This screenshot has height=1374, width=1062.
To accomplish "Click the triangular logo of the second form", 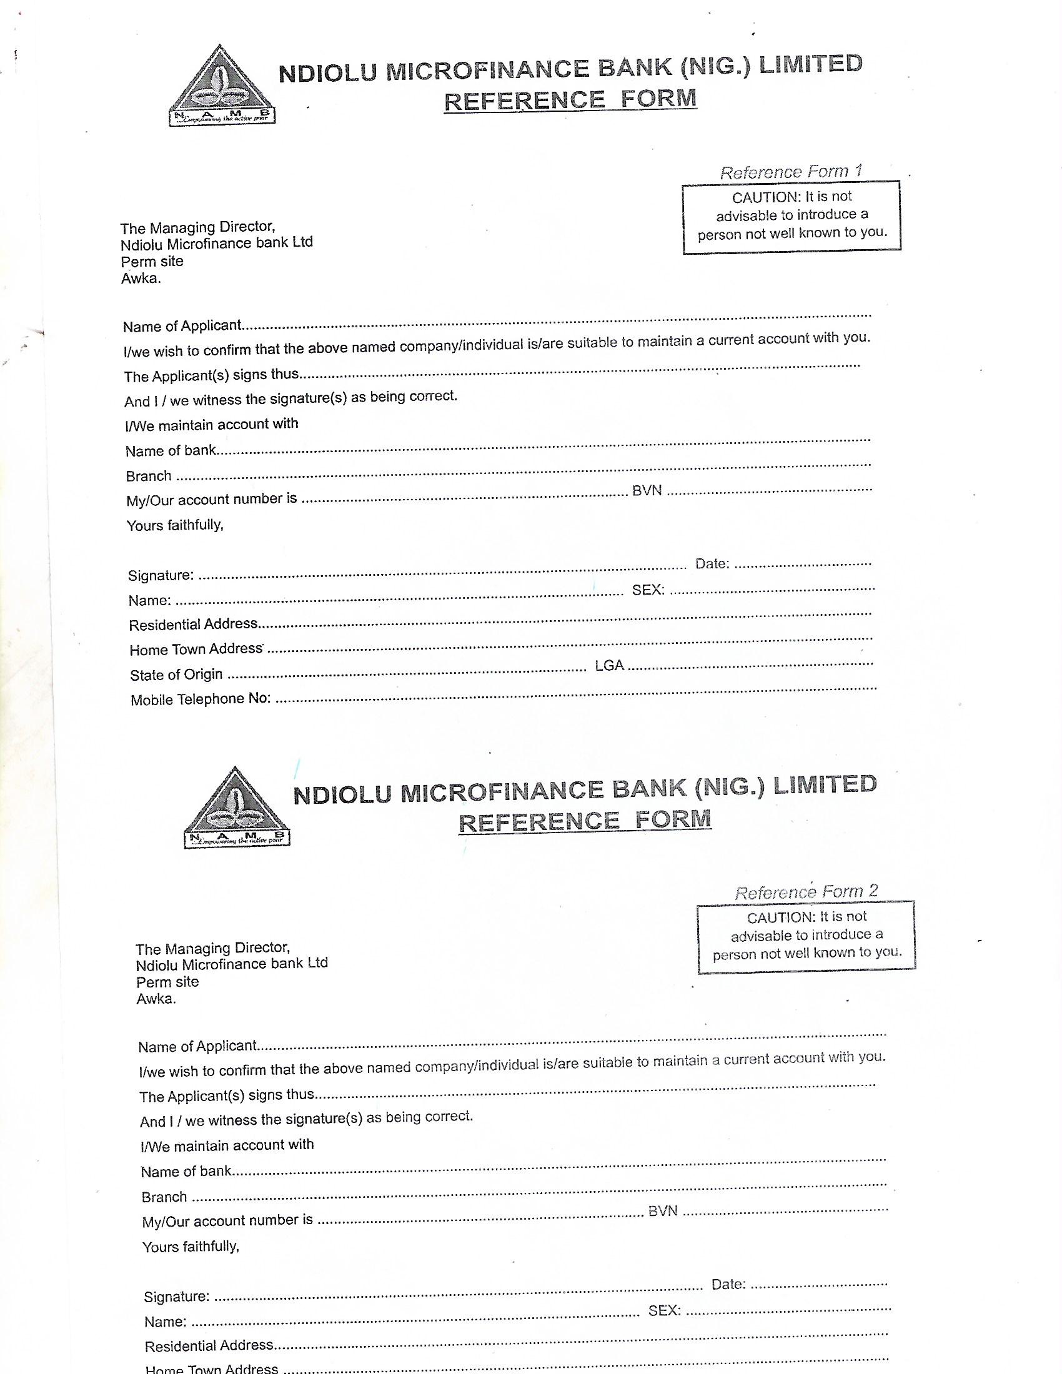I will [237, 808].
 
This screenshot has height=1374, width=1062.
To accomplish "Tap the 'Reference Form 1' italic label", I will [790, 171].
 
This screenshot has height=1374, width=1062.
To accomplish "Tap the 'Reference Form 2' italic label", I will [805, 892].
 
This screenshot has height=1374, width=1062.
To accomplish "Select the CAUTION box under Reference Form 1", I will [792, 217].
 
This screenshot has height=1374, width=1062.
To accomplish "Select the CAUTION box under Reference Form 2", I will [806, 937].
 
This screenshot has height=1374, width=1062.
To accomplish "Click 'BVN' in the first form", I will [647, 491].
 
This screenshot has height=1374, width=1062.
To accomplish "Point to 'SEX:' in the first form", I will [648, 590].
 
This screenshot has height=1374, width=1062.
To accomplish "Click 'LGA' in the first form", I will [609, 666].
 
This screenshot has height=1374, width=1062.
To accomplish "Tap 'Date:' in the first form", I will [712, 564].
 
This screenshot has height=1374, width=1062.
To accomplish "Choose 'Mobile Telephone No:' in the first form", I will [201, 699].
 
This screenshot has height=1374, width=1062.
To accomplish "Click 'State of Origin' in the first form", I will [176, 675].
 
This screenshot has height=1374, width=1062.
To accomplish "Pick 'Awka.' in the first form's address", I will [141, 278].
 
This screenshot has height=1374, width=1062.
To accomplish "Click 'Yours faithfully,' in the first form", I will [175, 525].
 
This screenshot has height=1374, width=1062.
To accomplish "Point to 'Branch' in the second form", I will [164, 1197].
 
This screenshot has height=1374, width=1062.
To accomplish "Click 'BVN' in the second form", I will [662, 1210].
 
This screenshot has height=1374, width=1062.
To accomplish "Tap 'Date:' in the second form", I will [728, 1284].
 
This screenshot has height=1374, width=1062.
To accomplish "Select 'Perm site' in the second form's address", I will [167, 982].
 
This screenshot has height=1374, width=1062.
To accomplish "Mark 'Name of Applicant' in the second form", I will [197, 1046].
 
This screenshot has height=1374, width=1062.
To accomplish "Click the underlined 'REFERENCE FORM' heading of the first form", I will [570, 99].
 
